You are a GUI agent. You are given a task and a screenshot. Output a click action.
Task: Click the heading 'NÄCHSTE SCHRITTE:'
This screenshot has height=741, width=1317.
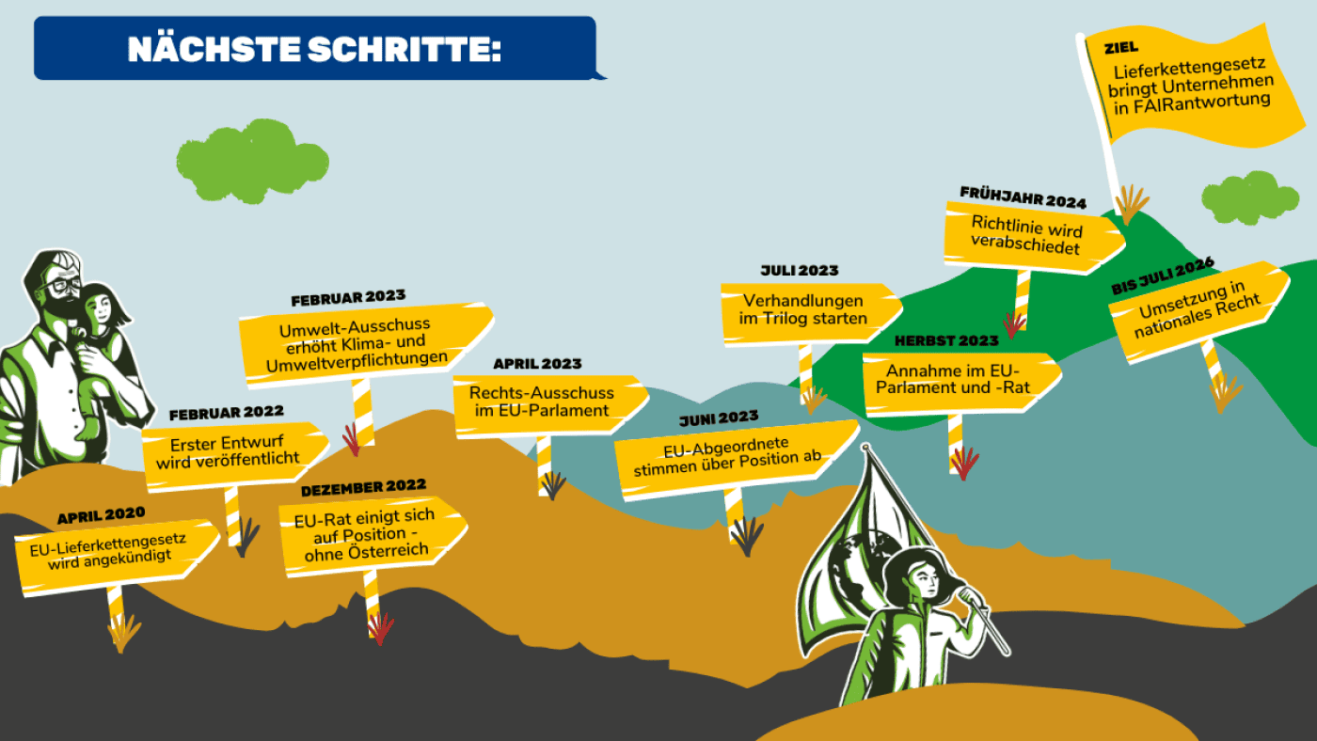[314, 49]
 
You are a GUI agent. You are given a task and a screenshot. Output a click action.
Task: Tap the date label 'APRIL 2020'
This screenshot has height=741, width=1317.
[101, 515]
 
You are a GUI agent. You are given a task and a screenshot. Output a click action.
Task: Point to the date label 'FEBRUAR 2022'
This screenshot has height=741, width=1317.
[226, 413]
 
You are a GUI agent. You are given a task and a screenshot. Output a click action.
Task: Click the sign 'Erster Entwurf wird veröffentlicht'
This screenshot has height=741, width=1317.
[234, 452]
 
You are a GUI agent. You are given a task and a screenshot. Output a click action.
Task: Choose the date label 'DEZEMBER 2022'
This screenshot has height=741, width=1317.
[363, 487]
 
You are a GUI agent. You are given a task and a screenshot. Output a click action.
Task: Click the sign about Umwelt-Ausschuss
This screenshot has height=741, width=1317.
[363, 344]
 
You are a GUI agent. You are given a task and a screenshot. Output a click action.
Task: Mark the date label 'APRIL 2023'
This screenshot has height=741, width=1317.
[537, 364]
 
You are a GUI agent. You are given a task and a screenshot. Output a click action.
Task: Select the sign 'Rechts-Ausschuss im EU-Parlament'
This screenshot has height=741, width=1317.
[543, 402]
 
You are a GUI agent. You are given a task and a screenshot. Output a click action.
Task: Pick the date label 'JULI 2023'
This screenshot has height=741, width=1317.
[799, 271]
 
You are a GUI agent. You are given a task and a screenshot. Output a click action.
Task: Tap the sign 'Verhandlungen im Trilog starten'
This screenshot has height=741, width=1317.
[804, 310]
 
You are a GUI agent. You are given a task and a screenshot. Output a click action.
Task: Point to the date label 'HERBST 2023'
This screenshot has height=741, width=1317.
[946, 340]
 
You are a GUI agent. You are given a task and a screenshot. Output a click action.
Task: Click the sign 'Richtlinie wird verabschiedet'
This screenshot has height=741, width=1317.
[1027, 238]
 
